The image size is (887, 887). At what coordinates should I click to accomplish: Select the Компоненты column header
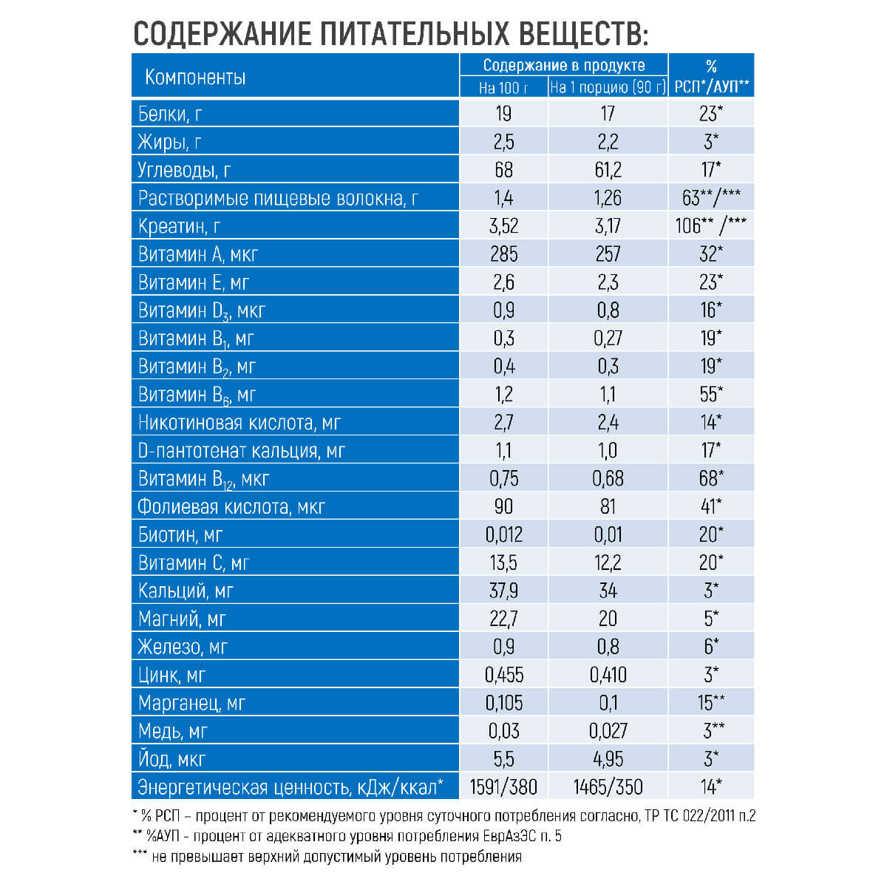(195, 77)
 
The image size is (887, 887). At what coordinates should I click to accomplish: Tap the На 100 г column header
(503, 87)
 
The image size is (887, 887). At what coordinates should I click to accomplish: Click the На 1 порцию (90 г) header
(608, 87)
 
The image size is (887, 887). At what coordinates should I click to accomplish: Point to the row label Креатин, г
(180, 226)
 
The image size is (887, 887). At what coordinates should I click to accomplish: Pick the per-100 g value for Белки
(503, 114)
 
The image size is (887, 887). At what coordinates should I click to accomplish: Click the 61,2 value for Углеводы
(608, 170)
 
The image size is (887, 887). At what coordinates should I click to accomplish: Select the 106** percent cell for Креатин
(710, 226)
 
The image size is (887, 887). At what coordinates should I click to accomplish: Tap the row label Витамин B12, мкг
(203, 479)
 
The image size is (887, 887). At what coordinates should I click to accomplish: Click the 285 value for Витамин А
(503, 254)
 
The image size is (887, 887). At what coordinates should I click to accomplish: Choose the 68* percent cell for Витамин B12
(710, 479)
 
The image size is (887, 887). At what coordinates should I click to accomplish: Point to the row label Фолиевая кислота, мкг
(231, 507)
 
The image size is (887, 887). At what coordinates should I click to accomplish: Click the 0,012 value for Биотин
(503, 535)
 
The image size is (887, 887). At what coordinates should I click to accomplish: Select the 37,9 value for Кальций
(503, 591)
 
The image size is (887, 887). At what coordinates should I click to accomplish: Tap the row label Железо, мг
(183, 648)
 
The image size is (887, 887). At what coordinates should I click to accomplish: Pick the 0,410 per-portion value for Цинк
(608, 676)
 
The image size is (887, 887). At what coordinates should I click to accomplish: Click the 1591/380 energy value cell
(503, 787)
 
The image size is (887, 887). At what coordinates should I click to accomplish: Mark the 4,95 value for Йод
(608, 759)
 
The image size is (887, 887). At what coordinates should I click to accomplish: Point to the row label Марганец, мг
(191, 704)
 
